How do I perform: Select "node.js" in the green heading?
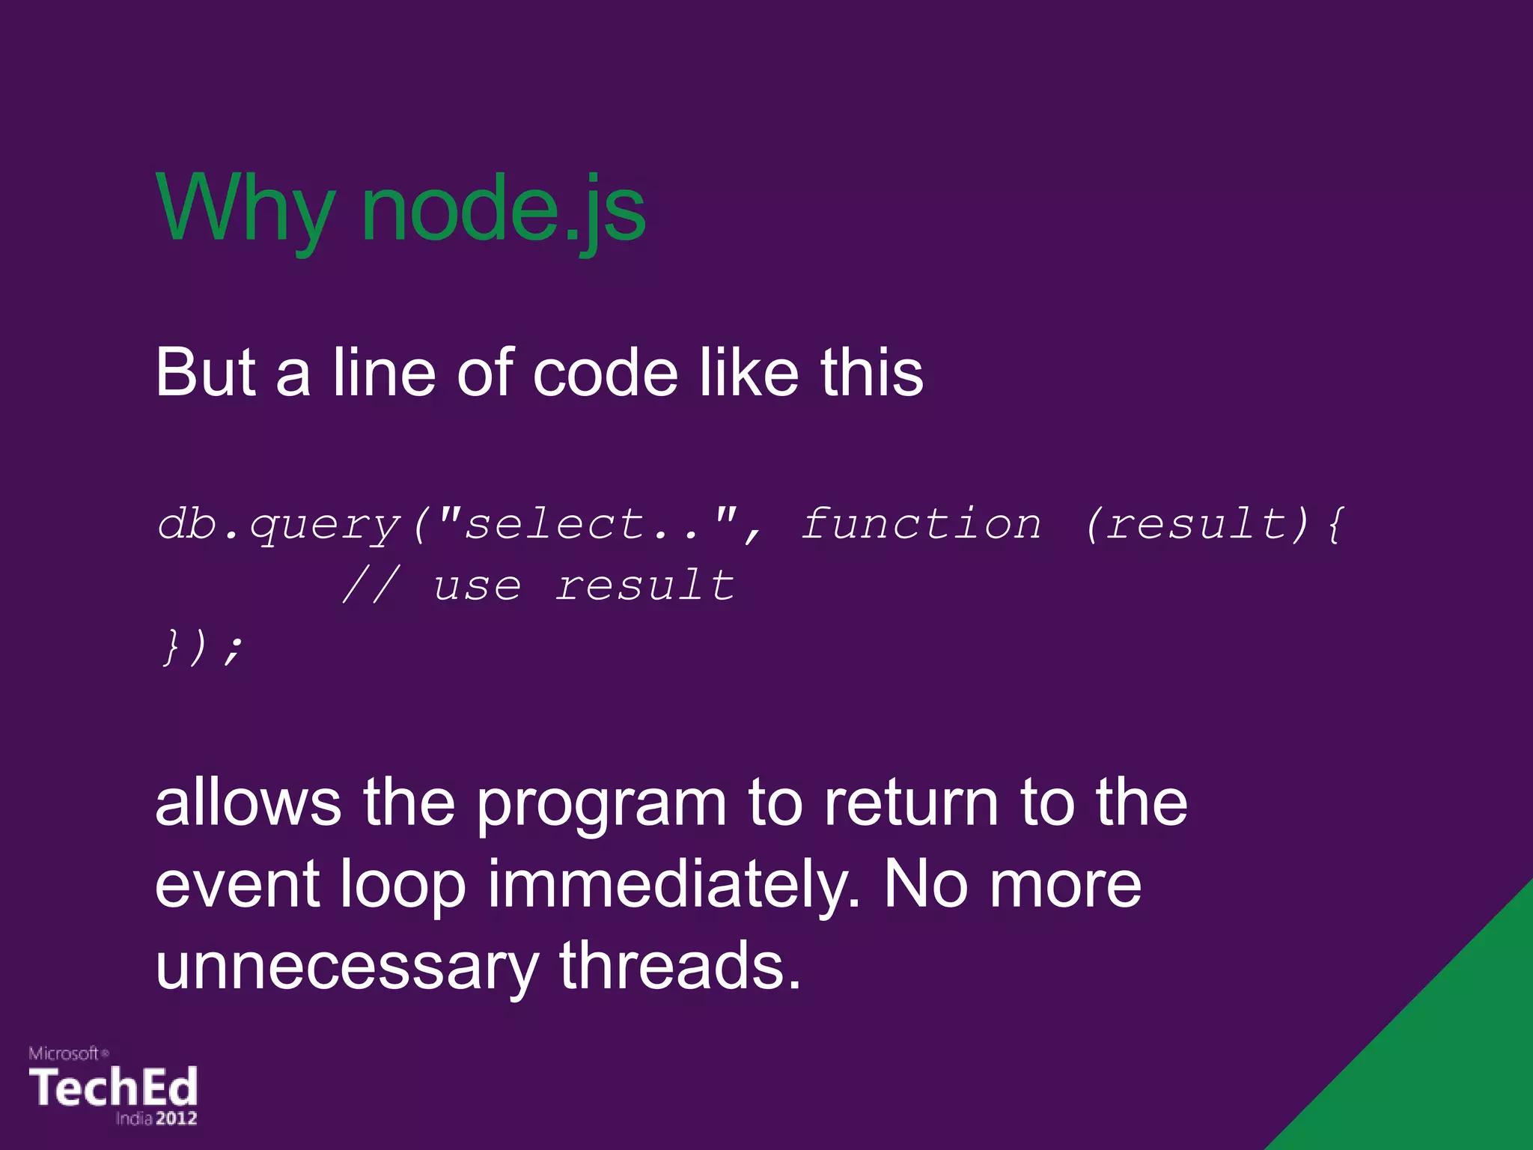click(503, 210)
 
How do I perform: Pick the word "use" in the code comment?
click(477, 586)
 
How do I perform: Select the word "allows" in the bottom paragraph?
click(248, 803)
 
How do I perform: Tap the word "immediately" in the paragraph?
click(674, 885)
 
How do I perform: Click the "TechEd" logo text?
click(113, 1087)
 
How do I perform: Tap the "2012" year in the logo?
click(177, 1119)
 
